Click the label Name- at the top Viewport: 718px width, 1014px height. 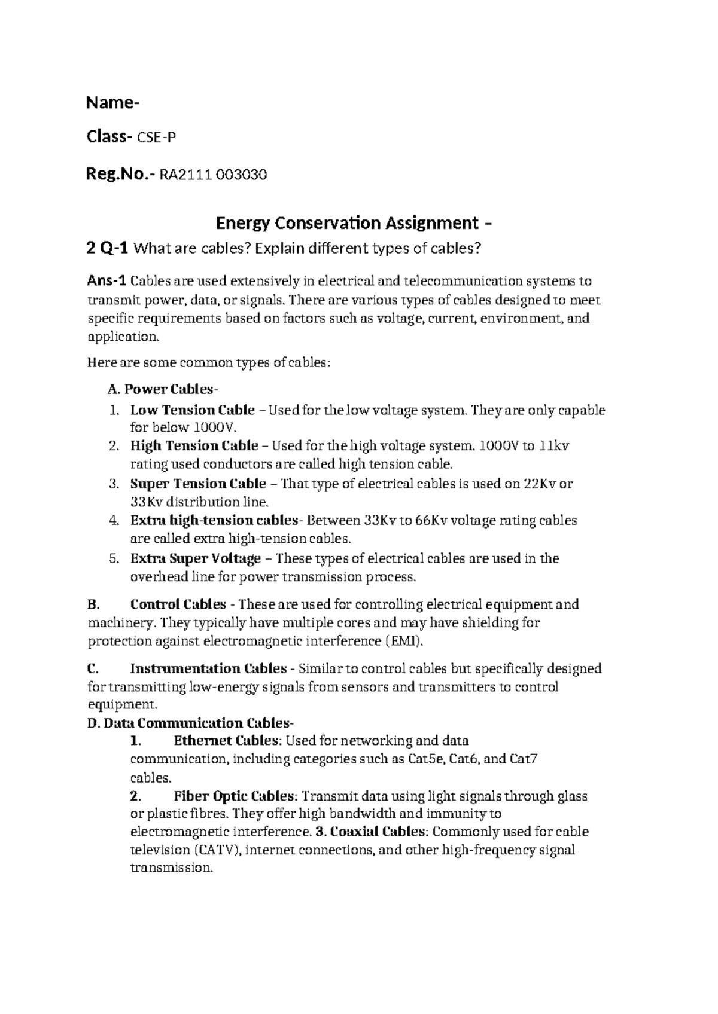click(x=112, y=103)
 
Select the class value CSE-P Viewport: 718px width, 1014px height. click(x=157, y=138)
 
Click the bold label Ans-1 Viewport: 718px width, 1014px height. click(x=107, y=280)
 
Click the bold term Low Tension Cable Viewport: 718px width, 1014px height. click(x=192, y=410)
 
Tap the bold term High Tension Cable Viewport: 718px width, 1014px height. click(x=194, y=445)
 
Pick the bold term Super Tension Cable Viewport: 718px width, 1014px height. click(x=198, y=484)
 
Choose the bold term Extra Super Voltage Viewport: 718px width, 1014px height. click(x=195, y=558)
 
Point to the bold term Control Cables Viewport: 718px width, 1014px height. click(x=178, y=604)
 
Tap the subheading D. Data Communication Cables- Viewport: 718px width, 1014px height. click(x=190, y=723)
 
